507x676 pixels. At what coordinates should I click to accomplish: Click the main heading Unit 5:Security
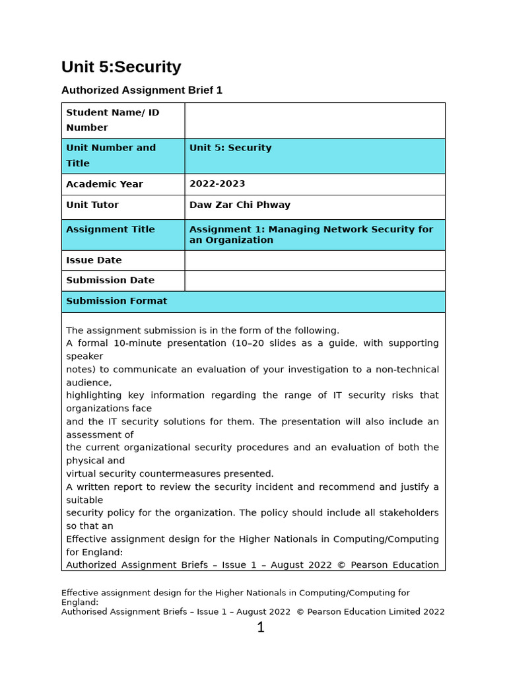(x=121, y=67)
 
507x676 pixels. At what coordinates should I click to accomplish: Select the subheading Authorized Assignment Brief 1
(x=141, y=90)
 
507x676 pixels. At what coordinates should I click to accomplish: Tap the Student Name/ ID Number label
(x=112, y=119)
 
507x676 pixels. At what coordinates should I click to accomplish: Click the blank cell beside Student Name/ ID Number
(x=314, y=120)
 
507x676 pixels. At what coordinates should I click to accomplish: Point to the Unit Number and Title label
(x=111, y=155)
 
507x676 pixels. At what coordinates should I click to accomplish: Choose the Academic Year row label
(x=104, y=184)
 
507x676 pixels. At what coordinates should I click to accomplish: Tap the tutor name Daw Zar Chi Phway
(x=240, y=205)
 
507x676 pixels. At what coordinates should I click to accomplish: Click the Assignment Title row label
(x=110, y=230)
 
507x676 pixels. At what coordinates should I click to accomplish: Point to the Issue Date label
(x=94, y=261)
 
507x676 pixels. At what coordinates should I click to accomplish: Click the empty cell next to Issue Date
(x=314, y=261)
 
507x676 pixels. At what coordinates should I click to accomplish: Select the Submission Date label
(x=110, y=281)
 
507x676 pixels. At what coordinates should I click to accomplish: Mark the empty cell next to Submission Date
(x=314, y=281)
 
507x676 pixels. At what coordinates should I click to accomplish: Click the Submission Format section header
(x=116, y=301)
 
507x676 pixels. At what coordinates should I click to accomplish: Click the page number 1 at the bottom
(x=260, y=628)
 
